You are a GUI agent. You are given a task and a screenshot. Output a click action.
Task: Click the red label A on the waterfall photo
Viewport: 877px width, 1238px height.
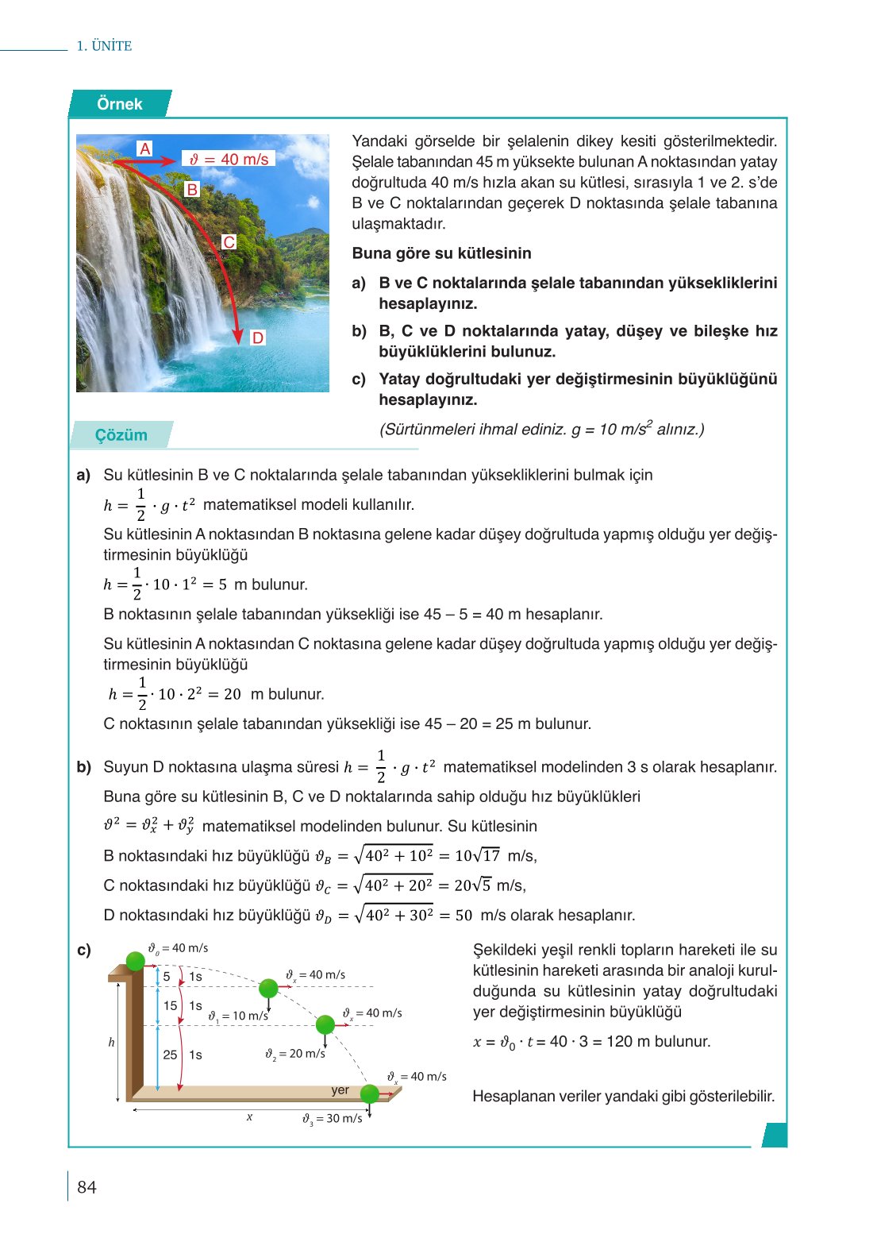coord(144,148)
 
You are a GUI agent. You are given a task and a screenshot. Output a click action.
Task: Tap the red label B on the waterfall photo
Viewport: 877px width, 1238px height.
coord(191,189)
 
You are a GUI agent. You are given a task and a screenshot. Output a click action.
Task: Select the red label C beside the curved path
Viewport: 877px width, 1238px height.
coord(229,242)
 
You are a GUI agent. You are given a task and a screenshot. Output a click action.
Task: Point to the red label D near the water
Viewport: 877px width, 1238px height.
coord(257,337)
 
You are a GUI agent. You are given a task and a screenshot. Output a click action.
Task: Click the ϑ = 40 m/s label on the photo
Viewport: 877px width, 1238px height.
coord(229,159)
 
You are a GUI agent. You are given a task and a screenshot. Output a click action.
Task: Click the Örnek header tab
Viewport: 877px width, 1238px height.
coord(119,104)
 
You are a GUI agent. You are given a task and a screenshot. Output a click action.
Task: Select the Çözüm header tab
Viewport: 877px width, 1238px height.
coord(121,435)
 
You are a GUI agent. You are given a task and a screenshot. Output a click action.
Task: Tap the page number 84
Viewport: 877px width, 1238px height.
coord(87,1187)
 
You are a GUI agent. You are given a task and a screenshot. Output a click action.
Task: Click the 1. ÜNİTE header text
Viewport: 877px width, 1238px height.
coord(104,46)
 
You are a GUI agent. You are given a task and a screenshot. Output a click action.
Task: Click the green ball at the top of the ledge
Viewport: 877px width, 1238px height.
coord(136,961)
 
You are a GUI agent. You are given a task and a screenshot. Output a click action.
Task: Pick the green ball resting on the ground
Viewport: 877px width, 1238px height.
coord(370,1094)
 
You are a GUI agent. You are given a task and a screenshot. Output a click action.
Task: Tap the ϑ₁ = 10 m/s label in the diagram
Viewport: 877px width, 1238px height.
coord(238,1016)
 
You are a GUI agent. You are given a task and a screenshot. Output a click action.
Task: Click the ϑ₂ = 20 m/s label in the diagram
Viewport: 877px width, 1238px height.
coord(295,1054)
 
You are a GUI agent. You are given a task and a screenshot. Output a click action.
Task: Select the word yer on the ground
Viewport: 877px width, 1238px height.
coord(340,1090)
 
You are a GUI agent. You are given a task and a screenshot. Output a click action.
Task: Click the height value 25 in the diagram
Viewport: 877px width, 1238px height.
coord(170,1055)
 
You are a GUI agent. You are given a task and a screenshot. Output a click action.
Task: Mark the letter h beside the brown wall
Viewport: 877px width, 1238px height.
coord(111,1042)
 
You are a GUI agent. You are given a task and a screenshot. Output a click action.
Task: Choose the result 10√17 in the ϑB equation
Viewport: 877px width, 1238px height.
coord(477,856)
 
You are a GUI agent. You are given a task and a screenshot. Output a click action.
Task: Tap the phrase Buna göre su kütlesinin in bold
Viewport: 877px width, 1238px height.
coord(441,253)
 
